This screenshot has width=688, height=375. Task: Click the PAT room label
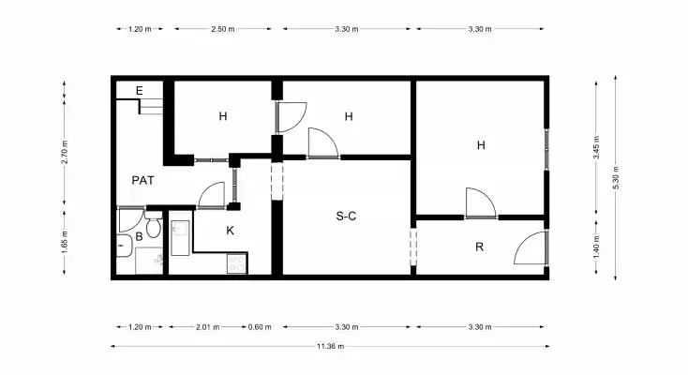[143, 180]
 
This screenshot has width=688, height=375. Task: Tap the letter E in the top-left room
[139, 91]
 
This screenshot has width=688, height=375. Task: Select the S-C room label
[346, 216]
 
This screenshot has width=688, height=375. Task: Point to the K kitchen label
[230, 231]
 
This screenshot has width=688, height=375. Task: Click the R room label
[479, 247]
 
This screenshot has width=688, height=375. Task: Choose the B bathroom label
[139, 236]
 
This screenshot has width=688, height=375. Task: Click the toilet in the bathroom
[153, 225]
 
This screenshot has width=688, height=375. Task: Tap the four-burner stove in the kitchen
[237, 263]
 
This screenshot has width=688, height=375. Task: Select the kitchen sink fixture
[180, 238]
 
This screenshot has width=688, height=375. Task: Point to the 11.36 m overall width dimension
[330, 346]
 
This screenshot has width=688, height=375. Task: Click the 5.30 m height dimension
[616, 178]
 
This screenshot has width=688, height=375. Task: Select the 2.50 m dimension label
[223, 29]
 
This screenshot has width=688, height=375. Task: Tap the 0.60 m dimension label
[260, 326]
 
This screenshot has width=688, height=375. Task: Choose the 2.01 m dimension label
[207, 326]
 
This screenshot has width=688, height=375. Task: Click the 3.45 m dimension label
[596, 148]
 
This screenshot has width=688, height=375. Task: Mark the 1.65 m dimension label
[65, 242]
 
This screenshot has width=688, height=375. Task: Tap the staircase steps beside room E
[151, 107]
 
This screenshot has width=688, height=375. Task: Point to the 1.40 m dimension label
[596, 247]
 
